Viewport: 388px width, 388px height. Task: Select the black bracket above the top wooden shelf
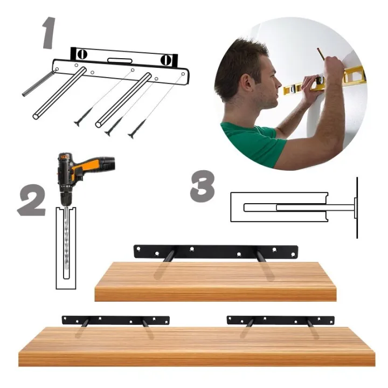click(216, 251)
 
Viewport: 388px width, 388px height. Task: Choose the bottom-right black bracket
click(280, 320)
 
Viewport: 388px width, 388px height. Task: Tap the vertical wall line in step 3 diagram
click(357, 207)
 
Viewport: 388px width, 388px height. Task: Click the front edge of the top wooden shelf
click(216, 294)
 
